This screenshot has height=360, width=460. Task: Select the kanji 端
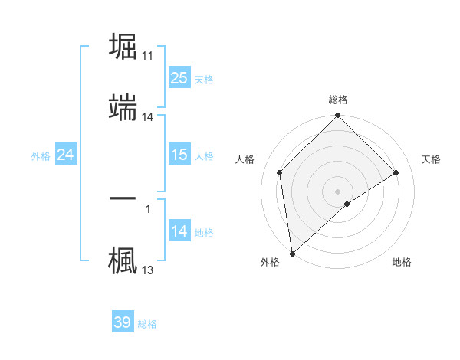point(124,106)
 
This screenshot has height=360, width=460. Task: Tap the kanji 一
point(124,198)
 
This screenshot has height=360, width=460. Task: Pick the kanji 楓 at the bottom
point(124,259)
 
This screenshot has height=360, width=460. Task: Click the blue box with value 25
point(179,78)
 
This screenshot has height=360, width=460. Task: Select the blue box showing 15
point(179,155)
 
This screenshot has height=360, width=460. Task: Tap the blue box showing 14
point(179,231)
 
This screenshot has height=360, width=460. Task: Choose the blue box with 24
point(66,155)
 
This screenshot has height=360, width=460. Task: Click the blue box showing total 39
point(123,322)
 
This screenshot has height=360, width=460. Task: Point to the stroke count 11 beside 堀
point(148,56)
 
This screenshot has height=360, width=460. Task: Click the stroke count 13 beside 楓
point(148,270)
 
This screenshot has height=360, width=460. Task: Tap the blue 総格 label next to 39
point(147,324)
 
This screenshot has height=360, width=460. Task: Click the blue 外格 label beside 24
point(41,156)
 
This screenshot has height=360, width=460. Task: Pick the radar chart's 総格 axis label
point(338,100)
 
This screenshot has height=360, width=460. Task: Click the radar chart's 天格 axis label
point(432,159)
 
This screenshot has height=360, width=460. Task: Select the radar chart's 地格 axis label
point(402,262)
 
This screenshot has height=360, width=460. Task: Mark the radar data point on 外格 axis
point(291,254)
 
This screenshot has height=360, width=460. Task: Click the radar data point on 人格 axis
point(280,172)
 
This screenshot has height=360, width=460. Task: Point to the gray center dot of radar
point(338,191)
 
